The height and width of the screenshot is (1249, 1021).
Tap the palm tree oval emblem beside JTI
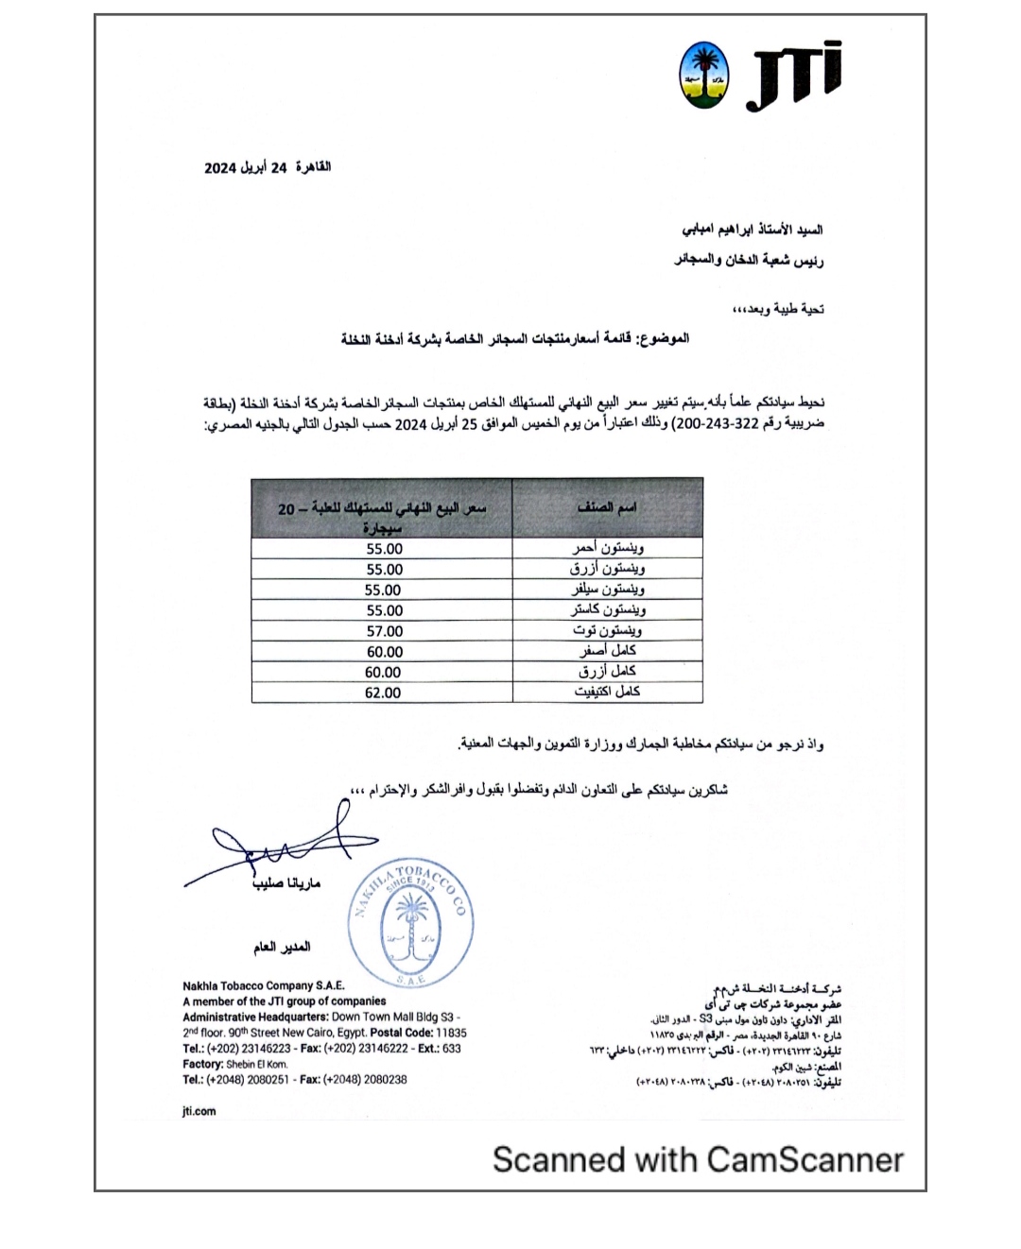tap(704, 75)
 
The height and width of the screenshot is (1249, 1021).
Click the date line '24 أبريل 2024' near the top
tap(268, 167)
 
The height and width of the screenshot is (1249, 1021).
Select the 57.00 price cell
tap(383, 631)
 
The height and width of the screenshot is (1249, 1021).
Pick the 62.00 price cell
tap(383, 693)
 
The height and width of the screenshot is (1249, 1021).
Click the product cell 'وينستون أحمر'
tap(608, 548)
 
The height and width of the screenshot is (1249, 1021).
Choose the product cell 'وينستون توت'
tap(608, 630)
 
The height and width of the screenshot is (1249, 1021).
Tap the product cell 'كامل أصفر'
tap(608, 651)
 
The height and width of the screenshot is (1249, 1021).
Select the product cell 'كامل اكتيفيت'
tap(608, 693)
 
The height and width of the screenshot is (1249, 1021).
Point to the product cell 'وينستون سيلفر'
tap(608, 590)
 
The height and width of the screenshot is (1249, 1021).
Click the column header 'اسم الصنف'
tap(607, 508)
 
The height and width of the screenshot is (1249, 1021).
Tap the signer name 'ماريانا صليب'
tap(286, 883)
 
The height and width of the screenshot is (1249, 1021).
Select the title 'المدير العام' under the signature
tap(282, 947)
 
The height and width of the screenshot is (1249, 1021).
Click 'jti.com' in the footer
tap(199, 1111)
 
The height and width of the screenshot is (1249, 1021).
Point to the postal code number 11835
tap(451, 1033)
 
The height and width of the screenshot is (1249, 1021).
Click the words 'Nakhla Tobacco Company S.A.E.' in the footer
tap(264, 985)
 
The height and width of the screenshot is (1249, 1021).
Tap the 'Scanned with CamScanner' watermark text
tap(698, 1159)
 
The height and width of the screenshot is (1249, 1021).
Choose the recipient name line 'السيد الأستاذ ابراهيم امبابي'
tap(753, 230)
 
